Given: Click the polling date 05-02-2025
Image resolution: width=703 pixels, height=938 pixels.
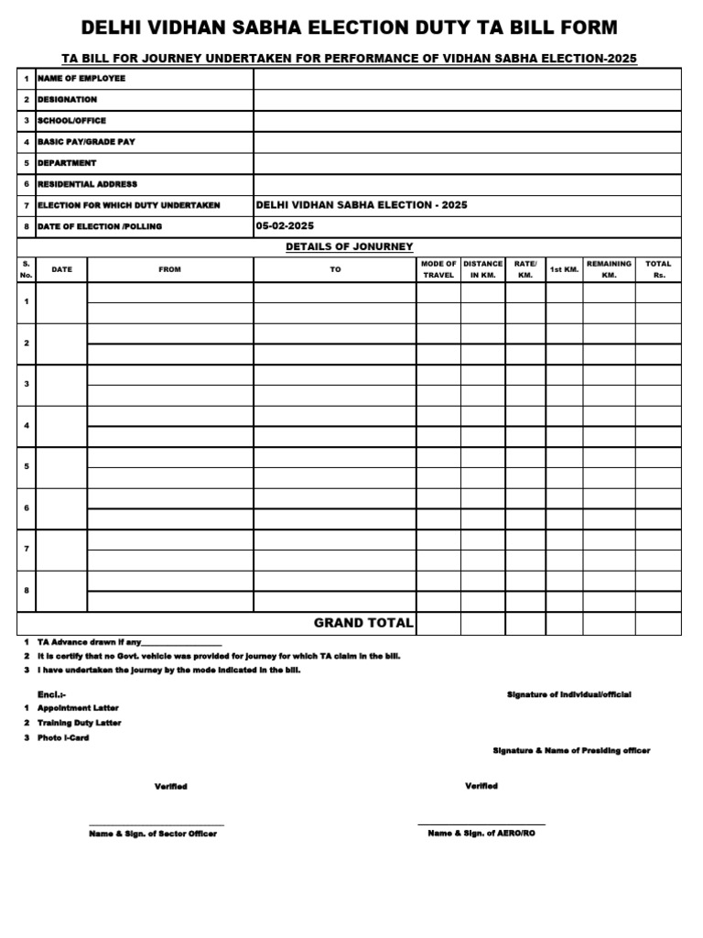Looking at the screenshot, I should (x=285, y=226).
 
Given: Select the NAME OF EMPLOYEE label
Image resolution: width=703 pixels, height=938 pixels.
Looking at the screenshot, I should (x=81, y=79).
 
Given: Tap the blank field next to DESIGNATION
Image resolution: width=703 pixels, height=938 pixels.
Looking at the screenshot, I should (x=467, y=100).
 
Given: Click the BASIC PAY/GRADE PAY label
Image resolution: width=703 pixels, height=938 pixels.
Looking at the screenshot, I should (x=86, y=142).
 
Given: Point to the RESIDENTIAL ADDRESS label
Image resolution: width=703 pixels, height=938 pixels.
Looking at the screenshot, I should (x=87, y=184).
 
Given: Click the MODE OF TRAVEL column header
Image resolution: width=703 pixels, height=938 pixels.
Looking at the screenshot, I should (x=438, y=269).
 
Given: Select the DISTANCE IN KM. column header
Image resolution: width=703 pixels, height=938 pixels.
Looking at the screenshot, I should (x=482, y=269).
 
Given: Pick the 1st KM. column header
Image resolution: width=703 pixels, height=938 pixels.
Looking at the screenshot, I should (x=564, y=269).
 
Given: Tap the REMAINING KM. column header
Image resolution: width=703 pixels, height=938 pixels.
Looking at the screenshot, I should (x=609, y=269).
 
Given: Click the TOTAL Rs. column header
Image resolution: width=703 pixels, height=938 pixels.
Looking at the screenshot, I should (x=658, y=269).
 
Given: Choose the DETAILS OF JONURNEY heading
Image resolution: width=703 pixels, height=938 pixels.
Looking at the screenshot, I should (x=349, y=246).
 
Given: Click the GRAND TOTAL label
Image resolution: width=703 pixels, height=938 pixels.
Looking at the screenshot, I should (x=363, y=623).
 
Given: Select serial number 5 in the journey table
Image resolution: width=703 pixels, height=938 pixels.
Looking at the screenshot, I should (x=27, y=466).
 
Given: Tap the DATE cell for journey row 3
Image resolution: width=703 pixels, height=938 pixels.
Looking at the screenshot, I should (x=61, y=385).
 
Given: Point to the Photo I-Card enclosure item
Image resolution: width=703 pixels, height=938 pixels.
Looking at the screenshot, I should (x=63, y=737).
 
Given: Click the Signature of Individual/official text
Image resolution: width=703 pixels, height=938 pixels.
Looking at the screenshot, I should (x=568, y=695).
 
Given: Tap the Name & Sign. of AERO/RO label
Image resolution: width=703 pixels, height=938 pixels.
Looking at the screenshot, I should (x=481, y=834).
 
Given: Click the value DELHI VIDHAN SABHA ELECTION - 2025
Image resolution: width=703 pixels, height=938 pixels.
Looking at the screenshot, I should (x=362, y=205).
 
